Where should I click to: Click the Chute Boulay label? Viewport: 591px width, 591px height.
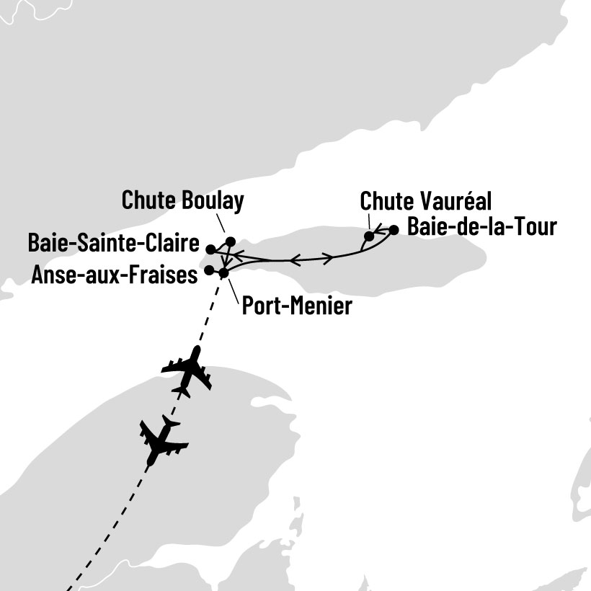182,200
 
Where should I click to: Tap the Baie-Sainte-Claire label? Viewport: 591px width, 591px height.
113,243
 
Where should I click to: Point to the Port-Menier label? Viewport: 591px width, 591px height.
297,306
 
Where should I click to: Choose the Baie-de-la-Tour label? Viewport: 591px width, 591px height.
481,227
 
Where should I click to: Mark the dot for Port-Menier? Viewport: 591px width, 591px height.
223,273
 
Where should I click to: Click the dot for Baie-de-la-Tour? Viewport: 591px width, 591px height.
394,230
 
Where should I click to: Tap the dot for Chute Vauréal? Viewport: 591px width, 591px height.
369,236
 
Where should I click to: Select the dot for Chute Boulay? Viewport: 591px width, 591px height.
231,241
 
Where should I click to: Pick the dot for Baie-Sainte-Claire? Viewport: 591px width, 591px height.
210,249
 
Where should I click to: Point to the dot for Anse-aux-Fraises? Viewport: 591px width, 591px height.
209,270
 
